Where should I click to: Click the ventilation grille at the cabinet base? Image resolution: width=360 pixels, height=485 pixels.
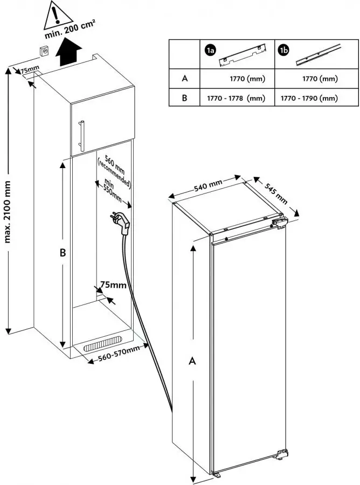[104, 343]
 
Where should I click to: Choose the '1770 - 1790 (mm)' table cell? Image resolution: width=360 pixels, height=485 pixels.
[309, 99]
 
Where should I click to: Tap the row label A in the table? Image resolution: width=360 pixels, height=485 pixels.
[184, 79]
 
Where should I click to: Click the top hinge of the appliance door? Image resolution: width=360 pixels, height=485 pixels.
[280, 223]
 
